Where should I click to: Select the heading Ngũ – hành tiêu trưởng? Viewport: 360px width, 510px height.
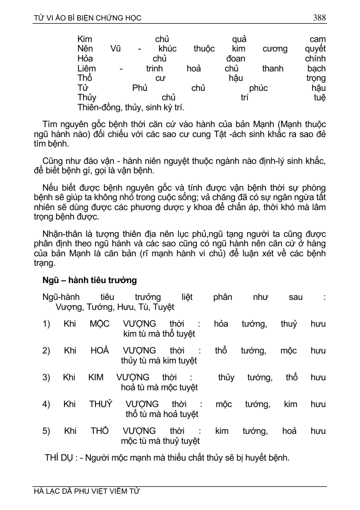(x=90, y=280)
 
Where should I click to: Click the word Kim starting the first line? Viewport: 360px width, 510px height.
(x=84, y=39)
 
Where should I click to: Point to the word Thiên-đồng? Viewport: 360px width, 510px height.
(x=99, y=108)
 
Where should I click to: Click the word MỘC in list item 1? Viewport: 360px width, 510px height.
(x=99, y=324)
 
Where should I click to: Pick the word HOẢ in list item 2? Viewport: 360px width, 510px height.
(x=100, y=350)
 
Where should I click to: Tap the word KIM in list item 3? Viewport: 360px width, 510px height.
(x=96, y=377)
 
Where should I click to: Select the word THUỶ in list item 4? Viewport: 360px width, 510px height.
(x=101, y=404)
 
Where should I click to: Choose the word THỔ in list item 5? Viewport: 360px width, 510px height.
(x=100, y=431)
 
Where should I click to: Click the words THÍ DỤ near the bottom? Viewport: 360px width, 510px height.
(x=59, y=458)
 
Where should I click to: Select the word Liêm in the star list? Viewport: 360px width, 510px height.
(x=87, y=68)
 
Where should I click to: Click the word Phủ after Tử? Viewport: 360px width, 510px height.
(x=140, y=88)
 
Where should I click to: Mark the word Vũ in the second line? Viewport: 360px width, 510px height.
(x=116, y=49)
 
